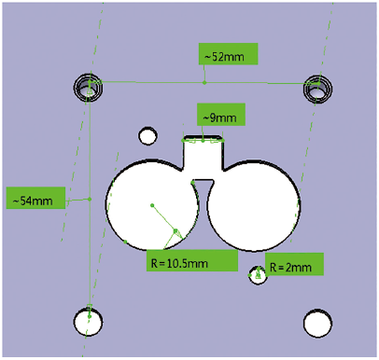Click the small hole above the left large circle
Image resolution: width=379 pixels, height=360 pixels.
147,137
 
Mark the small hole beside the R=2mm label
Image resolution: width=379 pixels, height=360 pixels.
259,274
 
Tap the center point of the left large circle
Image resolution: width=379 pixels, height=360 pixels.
152,203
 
